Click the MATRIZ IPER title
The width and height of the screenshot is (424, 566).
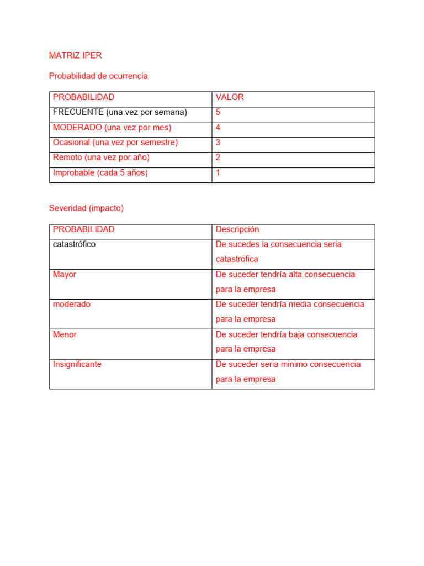[75, 55]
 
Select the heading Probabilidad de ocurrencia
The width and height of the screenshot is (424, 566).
[98, 76]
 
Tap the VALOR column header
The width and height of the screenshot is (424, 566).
[230, 97]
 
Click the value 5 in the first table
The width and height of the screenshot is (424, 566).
[218, 112]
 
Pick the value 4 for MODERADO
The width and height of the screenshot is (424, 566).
[218, 128]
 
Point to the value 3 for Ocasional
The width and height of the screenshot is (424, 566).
[218, 143]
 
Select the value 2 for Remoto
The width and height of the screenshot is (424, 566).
[218, 158]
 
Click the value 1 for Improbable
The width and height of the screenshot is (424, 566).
[218, 172]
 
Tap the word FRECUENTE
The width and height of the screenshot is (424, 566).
[78, 112]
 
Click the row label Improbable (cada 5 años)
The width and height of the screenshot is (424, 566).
[100, 172]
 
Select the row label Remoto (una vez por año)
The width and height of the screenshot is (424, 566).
[101, 158]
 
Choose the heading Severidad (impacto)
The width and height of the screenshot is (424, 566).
[86, 208]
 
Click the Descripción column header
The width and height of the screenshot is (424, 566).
[237, 229]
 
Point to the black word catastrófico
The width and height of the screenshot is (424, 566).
[74, 244]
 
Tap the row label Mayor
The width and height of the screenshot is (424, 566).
[65, 274]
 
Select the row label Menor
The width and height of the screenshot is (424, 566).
[65, 334]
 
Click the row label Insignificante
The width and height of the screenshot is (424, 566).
[77, 364]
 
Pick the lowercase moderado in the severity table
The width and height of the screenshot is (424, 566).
[71, 304]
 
